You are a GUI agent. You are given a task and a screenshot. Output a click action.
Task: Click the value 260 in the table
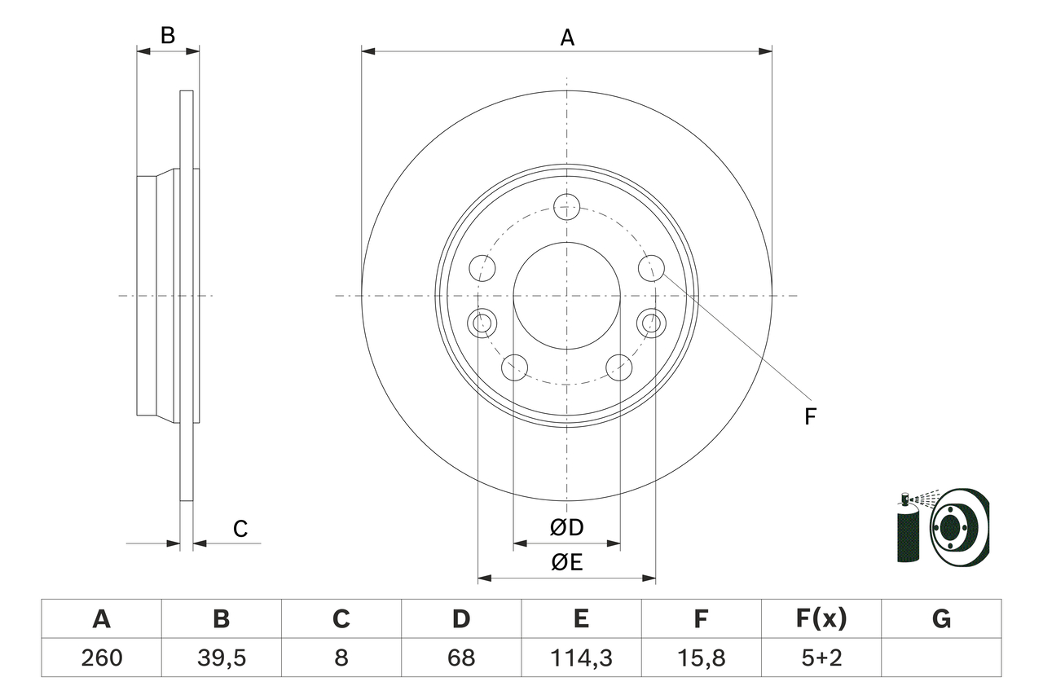[101, 658]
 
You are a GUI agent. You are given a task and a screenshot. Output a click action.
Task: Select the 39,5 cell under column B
[221, 658]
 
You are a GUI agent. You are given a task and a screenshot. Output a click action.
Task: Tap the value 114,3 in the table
[581, 658]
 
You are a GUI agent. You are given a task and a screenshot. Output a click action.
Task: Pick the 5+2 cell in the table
[821, 658]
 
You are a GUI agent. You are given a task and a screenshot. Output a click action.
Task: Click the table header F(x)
[821, 619]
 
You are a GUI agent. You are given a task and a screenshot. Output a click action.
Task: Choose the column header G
[941, 619]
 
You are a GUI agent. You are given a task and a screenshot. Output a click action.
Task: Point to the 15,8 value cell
[701, 658]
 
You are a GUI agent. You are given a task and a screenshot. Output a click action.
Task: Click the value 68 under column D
[461, 658]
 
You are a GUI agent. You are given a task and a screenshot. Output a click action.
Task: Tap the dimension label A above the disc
[567, 37]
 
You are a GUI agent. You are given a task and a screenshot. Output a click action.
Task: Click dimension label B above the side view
[167, 36]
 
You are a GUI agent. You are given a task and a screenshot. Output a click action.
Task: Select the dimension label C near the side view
[240, 530]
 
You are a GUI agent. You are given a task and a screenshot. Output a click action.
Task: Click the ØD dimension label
[567, 528]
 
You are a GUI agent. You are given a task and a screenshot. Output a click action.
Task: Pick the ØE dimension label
[567, 563]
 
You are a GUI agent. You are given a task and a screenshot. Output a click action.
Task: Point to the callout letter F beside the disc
[810, 417]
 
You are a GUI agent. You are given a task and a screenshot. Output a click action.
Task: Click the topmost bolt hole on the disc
[566, 206]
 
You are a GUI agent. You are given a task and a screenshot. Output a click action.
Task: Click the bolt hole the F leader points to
[650, 267]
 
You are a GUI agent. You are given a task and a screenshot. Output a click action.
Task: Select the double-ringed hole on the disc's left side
[483, 323]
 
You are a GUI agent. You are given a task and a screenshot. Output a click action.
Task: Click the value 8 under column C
[341, 658]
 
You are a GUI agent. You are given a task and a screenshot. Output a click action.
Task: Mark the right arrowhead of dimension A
[766, 51]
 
